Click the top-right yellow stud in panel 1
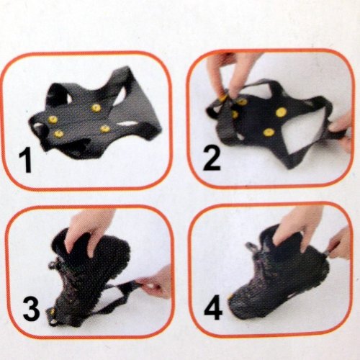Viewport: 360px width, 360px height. [x=96, y=107]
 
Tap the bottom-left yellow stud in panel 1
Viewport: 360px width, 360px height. [x=58, y=133]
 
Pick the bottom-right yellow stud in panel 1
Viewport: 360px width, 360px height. [x=104, y=128]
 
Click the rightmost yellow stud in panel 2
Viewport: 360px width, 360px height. [x=281, y=112]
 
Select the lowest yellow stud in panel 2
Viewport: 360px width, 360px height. [x=269, y=132]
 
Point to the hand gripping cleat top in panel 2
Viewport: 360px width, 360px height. [x=228, y=72]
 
